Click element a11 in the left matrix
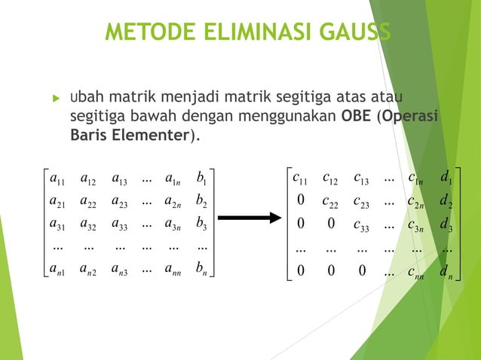pyautogui.click(x=55, y=179)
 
